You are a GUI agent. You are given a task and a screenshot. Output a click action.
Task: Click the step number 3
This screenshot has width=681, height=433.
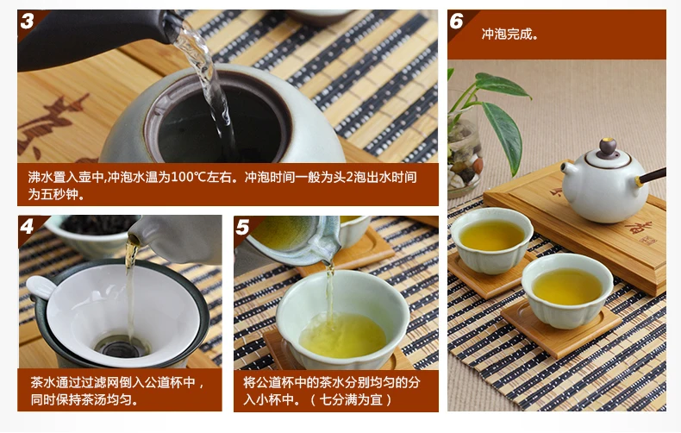tap(27, 21)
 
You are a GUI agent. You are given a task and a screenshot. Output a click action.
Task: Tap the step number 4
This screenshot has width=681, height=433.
tap(27, 227)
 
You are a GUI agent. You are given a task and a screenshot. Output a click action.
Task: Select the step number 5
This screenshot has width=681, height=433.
tap(242, 228)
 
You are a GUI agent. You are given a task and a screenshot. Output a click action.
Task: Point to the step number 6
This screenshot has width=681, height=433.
tap(457, 21)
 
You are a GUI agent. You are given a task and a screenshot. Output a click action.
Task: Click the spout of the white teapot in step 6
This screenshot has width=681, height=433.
tap(566, 168)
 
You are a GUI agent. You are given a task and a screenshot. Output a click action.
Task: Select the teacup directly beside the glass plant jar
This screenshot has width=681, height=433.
tap(491, 241)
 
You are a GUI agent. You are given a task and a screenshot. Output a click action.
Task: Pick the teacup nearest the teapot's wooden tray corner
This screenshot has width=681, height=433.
tap(567, 291)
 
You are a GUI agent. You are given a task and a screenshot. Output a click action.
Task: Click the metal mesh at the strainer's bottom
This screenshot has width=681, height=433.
tap(122, 347)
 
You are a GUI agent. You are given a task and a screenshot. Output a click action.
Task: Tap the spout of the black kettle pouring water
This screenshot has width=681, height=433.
tap(172, 26)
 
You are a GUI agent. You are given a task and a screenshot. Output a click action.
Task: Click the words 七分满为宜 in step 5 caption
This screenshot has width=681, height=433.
tap(351, 399)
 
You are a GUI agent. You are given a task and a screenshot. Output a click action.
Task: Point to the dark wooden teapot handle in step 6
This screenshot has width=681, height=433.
tap(651, 176)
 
